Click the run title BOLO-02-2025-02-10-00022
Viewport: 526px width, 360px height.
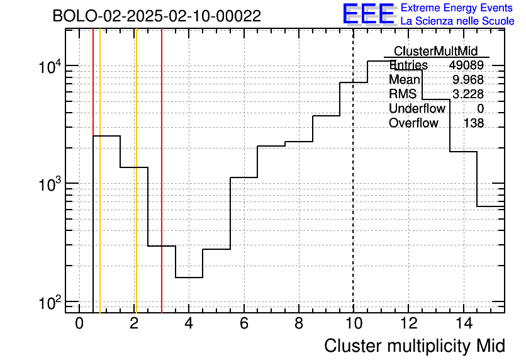(157, 16)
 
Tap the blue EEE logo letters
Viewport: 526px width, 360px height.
(369, 14)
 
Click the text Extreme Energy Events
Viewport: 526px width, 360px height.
(457, 8)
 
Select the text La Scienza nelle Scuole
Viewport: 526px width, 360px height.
(457, 21)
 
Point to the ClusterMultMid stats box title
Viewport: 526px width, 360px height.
(435, 51)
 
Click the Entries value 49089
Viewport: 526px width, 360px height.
(466, 65)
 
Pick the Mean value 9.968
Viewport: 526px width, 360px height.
(468, 79)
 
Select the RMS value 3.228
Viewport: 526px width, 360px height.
(468, 94)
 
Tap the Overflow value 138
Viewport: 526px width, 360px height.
(474, 123)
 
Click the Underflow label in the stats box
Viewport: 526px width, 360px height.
(417, 108)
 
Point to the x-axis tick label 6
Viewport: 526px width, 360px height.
(244, 323)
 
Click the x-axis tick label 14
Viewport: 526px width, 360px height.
(464, 323)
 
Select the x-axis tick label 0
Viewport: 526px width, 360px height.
(79, 323)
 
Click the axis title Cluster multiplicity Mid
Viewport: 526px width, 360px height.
(415, 346)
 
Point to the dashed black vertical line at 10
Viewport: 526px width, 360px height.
(353, 171)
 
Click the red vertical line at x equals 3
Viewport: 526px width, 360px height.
(162, 171)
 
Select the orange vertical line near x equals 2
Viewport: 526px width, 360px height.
(136, 171)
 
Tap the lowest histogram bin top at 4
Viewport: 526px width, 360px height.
(189, 278)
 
